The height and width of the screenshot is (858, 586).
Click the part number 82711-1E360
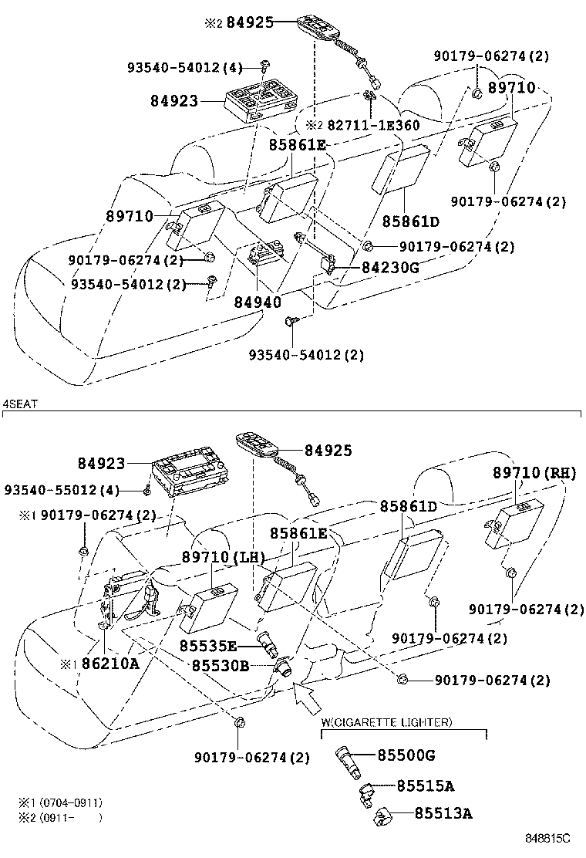(x=373, y=125)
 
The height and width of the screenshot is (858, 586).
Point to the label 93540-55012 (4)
(x=62, y=490)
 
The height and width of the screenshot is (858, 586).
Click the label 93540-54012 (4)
(x=185, y=69)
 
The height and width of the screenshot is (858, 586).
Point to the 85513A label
(x=443, y=812)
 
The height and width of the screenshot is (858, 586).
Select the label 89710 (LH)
(x=224, y=557)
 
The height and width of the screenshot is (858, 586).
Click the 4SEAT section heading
(x=21, y=404)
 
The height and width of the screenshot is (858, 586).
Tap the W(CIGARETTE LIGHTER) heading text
(x=386, y=722)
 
